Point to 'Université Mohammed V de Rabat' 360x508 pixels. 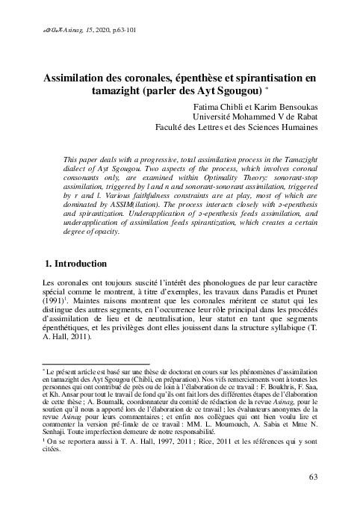pos(254,117)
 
